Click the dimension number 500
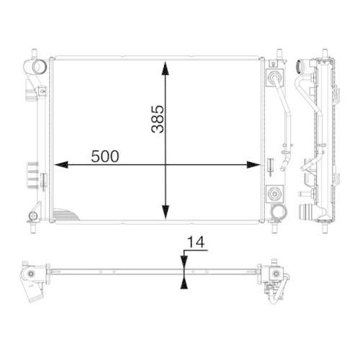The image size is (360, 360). coord(105,156)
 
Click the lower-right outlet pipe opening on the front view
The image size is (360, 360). coord(277,213)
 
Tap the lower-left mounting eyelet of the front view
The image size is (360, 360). coord(32,216)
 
